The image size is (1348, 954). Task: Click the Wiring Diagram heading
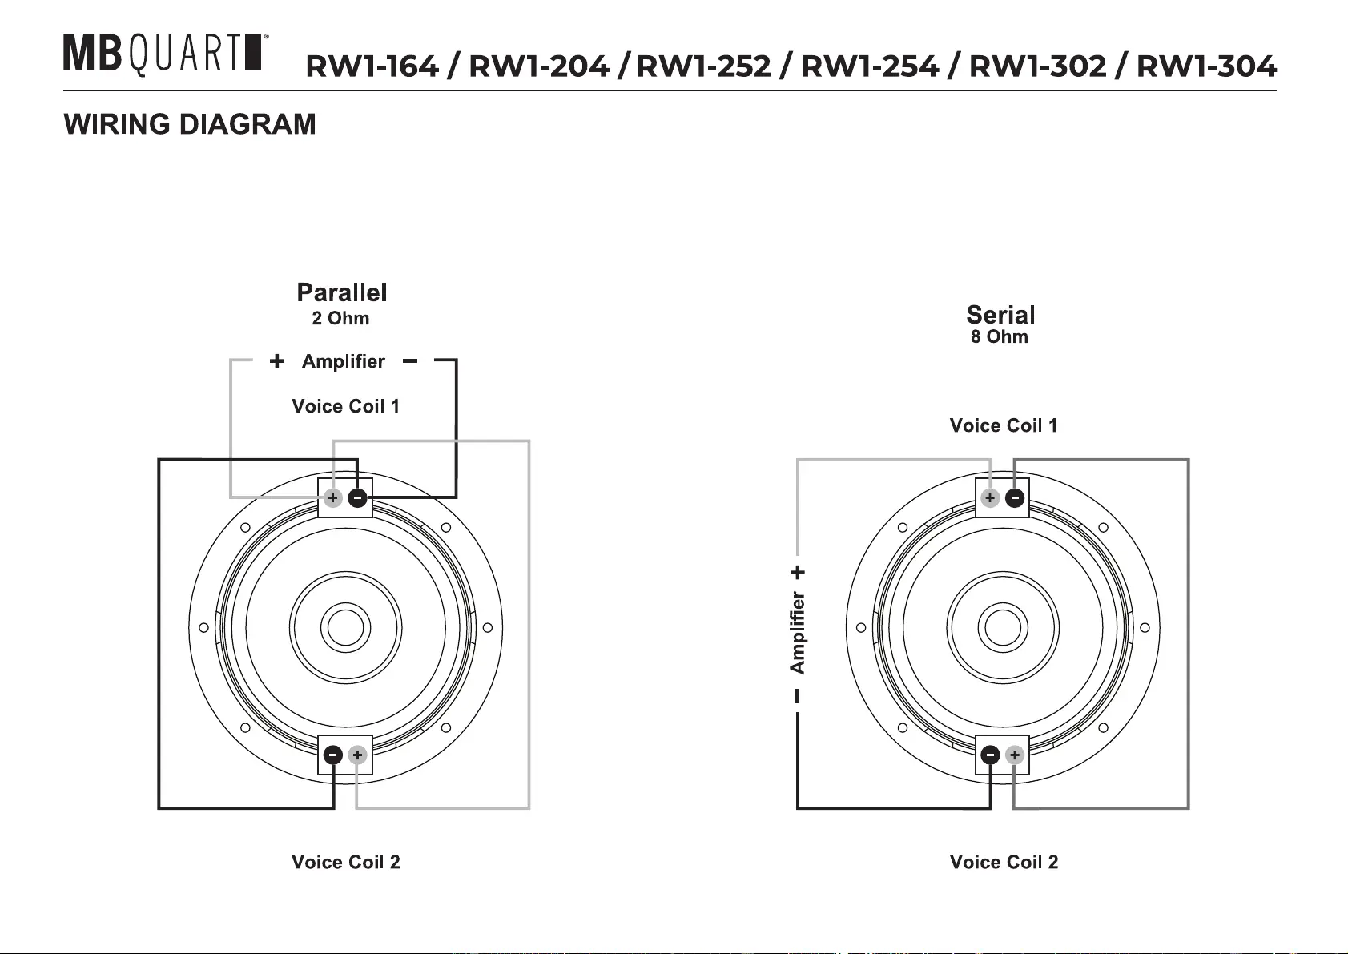(190, 125)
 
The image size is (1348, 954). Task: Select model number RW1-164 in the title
(372, 66)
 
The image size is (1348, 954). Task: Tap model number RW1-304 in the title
(1206, 66)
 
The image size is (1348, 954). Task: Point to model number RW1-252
(703, 66)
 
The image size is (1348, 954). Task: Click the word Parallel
(342, 292)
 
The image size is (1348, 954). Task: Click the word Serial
(1000, 315)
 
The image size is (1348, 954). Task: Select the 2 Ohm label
(340, 319)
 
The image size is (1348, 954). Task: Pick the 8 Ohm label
(999, 336)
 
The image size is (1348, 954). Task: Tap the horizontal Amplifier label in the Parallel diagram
(343, 361)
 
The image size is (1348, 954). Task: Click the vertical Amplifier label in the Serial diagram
(798, 632)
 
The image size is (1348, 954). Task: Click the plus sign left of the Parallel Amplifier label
(276, 361)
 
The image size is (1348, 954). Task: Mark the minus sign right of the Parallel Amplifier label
(410, 361)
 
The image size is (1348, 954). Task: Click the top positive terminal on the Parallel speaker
(332, 498)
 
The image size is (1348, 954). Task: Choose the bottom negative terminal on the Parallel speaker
(333, 755)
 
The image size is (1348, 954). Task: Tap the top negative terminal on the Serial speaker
(1014, 498)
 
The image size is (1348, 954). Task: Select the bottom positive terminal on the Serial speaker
(1014, 755)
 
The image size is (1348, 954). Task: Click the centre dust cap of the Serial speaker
(1002, 627)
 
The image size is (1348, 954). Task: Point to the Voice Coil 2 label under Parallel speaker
(345, 863)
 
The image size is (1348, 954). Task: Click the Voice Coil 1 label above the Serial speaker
(1003, 425)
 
